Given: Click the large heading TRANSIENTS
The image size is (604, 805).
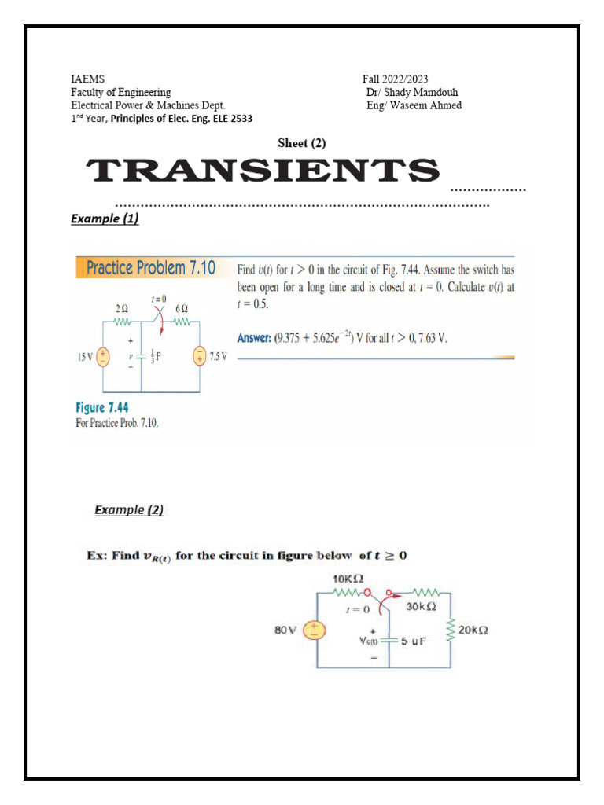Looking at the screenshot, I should (x=263, y=171).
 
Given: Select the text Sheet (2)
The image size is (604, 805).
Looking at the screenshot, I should (x=301, y=143).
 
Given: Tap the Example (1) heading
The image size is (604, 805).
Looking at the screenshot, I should (x=105, y=219).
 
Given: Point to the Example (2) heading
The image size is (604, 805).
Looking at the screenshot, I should (x=129, y=510).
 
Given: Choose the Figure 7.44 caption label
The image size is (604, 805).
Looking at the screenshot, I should (x=101, y=408).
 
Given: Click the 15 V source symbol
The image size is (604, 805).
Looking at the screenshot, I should (x=102, y=356).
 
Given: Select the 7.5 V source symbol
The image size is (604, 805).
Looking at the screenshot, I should (x=200, y=356).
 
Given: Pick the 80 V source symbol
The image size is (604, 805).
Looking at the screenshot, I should (x=315, y=630).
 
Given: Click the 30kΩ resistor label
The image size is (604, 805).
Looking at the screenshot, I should (x=422, y=607).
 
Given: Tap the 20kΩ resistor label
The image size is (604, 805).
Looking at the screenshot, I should (x=473, y=630).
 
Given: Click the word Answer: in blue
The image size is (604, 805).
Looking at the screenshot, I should (x=255, y=337).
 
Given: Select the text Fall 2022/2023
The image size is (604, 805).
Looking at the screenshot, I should (x=394, y=80).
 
